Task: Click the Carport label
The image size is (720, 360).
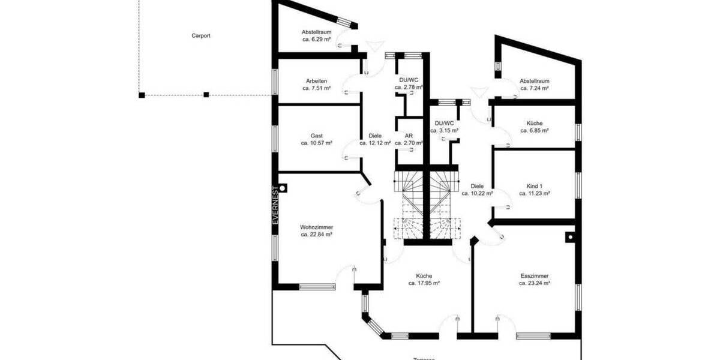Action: coord(200,35)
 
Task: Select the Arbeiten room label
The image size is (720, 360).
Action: coord(316,80)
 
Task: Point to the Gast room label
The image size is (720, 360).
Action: coord(316,136)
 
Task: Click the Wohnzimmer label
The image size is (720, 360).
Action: coord(316,227)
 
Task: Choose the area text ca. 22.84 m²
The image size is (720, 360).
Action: coord(316,235)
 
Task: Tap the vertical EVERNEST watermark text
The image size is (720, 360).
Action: coord(276,205)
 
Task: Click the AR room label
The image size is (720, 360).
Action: coord(409,136)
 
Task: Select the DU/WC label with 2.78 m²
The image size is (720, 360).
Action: coord(409,80)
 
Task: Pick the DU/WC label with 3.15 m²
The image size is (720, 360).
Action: coord(445,123)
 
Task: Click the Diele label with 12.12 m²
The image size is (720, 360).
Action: coord(375,136)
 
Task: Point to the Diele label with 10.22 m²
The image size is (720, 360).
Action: coord(477,186)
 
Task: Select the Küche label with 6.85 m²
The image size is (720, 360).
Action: coord(535,122)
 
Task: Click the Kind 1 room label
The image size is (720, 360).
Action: coord(535,186)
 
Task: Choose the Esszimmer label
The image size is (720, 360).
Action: coord(535,275)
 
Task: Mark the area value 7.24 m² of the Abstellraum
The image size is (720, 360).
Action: coord(535,88)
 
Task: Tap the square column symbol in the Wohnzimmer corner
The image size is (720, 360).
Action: coord(283,188)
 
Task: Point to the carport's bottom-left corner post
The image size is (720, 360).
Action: coord(142,95)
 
